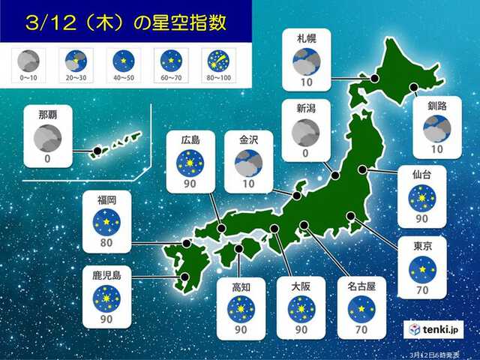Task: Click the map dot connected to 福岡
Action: tap(187, 243)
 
